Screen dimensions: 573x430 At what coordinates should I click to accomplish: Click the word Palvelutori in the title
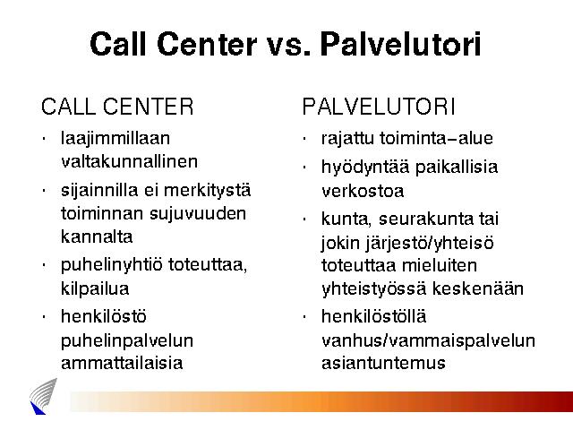pyautogui.click(x=400, y=44)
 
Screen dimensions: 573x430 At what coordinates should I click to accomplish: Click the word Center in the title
pyautogui.click(x=207, y=44)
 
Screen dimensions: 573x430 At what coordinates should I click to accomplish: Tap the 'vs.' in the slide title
pyautogui.click(x=288, y=47)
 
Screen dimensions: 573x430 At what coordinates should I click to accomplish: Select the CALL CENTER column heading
pyautogui.click(x=117, y=107)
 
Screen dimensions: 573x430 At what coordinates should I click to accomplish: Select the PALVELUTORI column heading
pyautogui.click(x=379, y=107)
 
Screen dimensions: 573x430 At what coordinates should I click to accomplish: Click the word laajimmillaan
pyautogui.click(x=115, y=140)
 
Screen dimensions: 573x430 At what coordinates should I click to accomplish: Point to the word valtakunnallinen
pyautogui.click(x=129, y=161)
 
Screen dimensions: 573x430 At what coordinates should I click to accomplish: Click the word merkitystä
pyautogui.click(x=207, y=191)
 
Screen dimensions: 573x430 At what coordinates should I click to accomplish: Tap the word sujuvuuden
pyautogui.click(x=198, y=214)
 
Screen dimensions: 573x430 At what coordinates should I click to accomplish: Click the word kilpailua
pyautogui.click(x=95, y=288)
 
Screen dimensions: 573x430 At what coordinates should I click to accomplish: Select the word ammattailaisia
pyautogui.click(x=122, y=363)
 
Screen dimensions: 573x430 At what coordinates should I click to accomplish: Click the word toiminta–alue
pyautogui.click(x=436, y=138)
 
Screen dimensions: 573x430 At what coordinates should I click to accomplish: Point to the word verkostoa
pyautogui.click(x=363, y=191)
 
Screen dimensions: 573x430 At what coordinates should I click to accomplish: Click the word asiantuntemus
pyautogui.click(x=383, y=363)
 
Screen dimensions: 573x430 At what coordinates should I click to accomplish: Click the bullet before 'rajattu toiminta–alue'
pyautogui.click(x=304, y=139)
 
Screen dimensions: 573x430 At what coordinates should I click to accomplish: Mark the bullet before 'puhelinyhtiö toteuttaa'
pyautogui.click(x=44, y=265)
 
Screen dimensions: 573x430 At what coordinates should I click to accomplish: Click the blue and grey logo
pyautogui.click(x=43, y=396)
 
